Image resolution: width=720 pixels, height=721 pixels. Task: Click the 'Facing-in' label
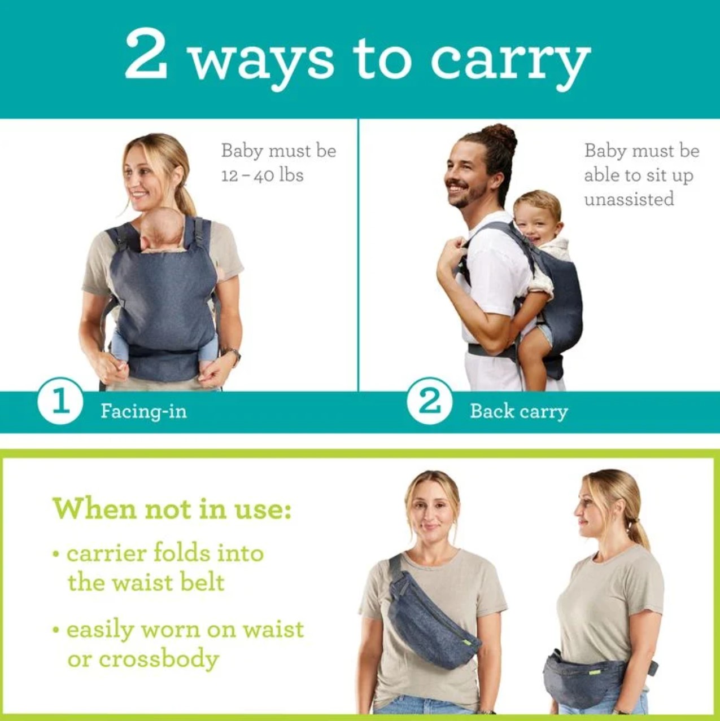(x=143, y=412)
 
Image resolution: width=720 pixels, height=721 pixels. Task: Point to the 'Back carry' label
(x=519, y=412)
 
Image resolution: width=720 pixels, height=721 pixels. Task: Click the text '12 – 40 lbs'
(x=262, y=175)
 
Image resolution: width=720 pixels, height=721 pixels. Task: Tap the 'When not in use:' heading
(x=172, y=508)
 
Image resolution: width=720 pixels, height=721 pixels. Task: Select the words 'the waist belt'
(x=146, y=582)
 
